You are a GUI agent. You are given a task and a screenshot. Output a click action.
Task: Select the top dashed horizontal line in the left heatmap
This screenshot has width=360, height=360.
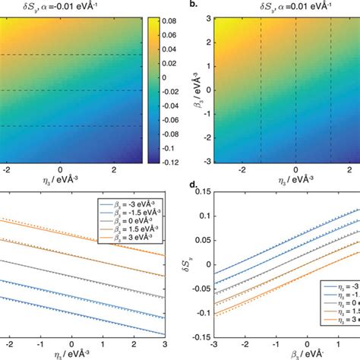[76, 54]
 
